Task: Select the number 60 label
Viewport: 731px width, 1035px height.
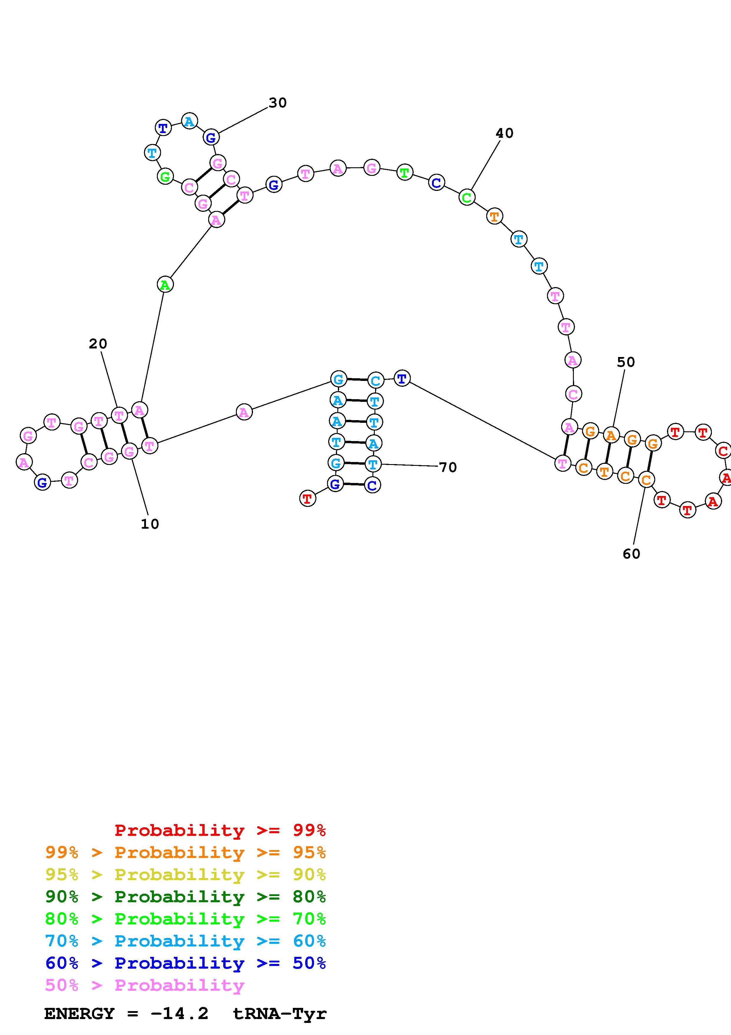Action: click(631, 553)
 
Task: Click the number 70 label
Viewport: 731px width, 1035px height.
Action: click(448, 467)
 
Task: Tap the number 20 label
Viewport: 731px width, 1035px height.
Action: click(98, 344)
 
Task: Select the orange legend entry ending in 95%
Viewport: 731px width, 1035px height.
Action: click(185, 852)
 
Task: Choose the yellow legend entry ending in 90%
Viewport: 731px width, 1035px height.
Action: click(185, 874)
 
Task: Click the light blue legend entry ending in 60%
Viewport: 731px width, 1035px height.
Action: click(185, 941)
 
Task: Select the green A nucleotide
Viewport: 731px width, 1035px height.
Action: click(165, 285)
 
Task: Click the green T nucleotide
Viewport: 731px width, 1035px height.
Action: click(405, 173)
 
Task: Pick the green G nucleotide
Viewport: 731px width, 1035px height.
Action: click(165, 176)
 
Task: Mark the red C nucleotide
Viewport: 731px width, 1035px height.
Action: click(723, 451)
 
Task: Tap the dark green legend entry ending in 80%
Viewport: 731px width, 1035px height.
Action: click(185, 897)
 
